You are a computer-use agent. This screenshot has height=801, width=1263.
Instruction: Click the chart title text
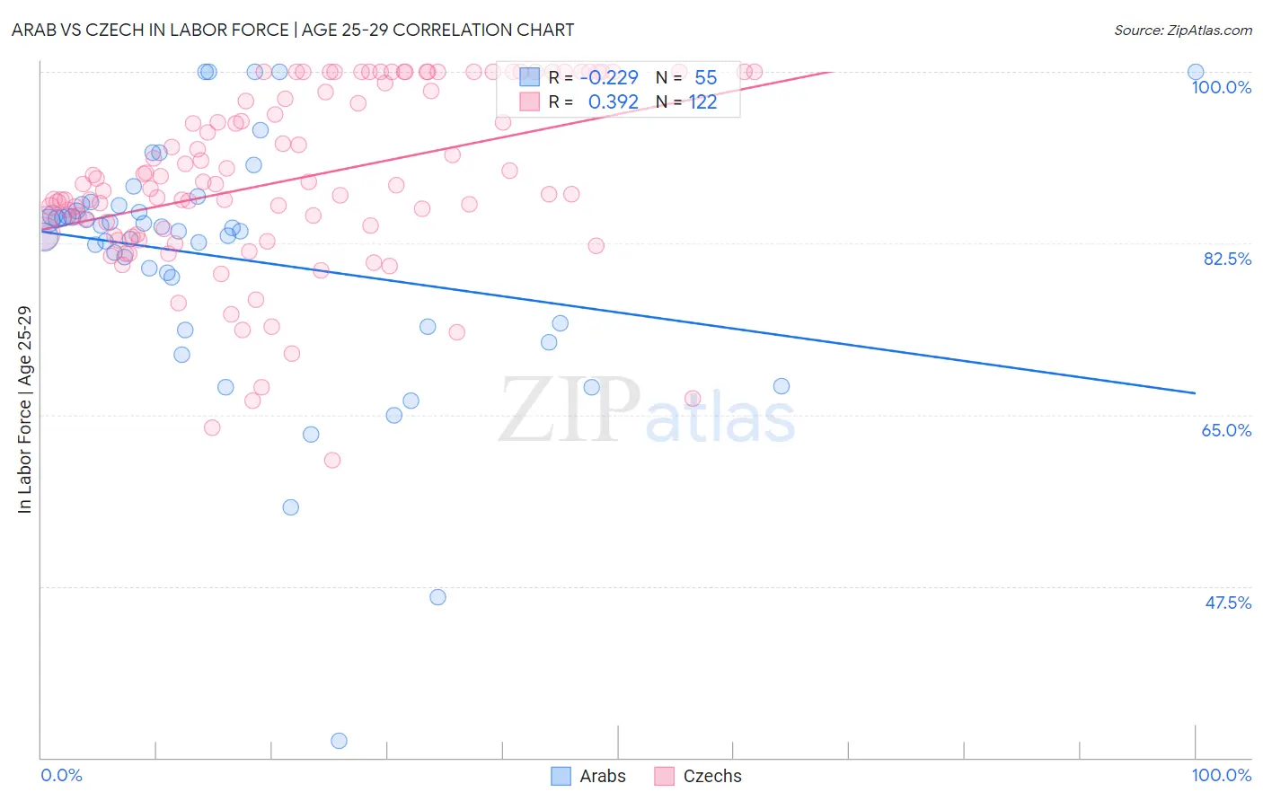(293, 30)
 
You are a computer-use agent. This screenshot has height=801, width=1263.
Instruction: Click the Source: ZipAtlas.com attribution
(1182, 30)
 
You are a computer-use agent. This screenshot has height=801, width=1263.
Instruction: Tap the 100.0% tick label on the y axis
(1221, 87)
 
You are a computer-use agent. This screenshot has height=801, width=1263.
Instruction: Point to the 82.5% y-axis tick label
(1227, 259)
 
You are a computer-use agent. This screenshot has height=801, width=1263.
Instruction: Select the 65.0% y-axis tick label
(1226, 430)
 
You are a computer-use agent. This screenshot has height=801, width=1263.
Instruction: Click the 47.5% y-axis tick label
(1227, 603)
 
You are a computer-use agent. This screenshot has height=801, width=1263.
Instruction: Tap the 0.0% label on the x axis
(61, 775)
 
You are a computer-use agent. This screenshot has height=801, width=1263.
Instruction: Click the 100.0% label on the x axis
(1221, 775)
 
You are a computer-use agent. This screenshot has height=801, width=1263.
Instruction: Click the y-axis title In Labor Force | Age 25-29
(24, 409)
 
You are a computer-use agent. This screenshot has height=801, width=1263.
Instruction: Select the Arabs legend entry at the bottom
(588, 776)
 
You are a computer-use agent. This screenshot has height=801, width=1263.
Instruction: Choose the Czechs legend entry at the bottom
(698, 776)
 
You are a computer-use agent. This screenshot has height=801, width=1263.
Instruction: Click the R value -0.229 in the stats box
(609, 78)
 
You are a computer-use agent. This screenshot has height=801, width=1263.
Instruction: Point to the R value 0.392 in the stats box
(613, 102)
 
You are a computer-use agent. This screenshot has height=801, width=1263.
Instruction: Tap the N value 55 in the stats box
(705, 78)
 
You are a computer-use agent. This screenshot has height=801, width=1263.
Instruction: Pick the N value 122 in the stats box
(702, 102)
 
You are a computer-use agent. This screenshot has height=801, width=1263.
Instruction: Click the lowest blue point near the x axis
(339, 741)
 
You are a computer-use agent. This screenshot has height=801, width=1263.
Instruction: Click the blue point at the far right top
(1196, 72)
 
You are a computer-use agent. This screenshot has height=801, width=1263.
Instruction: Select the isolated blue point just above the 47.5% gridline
(437, 597)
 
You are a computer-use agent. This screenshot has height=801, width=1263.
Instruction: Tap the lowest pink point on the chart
(332, 460)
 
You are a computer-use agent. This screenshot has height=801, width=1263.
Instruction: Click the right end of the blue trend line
(1195, 393)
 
